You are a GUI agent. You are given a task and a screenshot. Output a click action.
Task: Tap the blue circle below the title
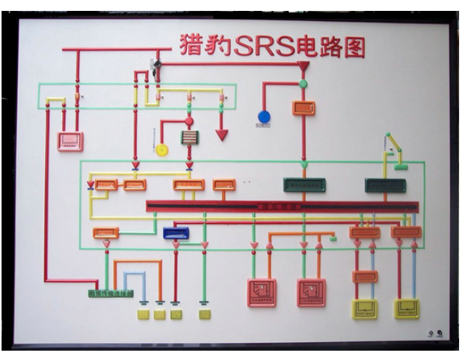click(264, 117)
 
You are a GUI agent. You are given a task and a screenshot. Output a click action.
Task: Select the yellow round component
click(162, 149)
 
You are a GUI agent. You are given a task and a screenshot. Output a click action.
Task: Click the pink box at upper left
click(71, 141)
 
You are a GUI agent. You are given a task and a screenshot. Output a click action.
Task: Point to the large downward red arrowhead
click(221, 135)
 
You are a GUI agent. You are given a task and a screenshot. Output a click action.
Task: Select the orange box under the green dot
click(303, 107)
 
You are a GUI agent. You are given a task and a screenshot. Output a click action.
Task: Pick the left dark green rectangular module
click(304, 185)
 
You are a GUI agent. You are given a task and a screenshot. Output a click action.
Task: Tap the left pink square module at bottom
click(262, 292)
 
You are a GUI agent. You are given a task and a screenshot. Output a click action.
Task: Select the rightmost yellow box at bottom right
click(406, 309)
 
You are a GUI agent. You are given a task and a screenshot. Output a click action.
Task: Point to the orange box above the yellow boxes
click(364, 276)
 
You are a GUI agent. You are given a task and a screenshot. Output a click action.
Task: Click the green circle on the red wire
click(304, 84)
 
